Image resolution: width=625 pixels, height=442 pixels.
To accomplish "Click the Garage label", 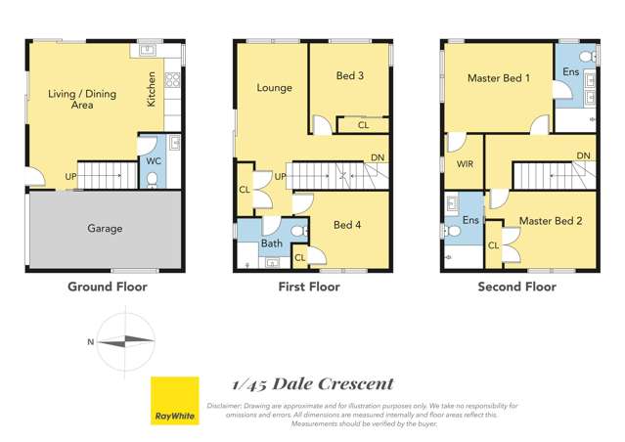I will [x=105, y=229].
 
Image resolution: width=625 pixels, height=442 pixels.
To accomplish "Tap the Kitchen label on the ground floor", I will [x=151, y=90].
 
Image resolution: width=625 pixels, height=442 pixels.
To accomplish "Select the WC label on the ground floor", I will [x=153, y=160].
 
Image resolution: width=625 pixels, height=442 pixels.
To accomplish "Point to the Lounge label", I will [x=274, y=88].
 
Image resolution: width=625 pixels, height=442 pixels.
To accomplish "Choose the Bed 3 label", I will [x=350, y=76].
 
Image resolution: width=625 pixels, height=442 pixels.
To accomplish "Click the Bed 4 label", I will [x=347, y=225].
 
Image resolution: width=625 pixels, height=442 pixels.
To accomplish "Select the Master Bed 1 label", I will [x=498, y=77].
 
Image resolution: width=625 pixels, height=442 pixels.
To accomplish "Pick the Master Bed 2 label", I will [x=551, y=221].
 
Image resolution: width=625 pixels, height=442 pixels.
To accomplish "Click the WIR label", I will [x=465, y=164].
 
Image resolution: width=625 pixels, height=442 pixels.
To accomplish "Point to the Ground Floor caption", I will [x=107, y=287].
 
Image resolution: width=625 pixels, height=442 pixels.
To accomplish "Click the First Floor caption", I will [x=309, y=287].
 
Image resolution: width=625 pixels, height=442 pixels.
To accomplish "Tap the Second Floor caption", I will [x=516, y=287].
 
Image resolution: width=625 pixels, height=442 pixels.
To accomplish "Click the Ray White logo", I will [x=175, y=401].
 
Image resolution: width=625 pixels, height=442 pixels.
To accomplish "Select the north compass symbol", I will [x=123, y=341].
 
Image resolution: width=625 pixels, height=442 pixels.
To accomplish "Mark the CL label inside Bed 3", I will [x=363, y=125].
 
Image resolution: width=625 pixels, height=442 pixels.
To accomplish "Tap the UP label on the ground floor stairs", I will [x=70, y=177].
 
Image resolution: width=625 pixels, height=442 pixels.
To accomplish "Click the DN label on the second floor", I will [x=583, y=155].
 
